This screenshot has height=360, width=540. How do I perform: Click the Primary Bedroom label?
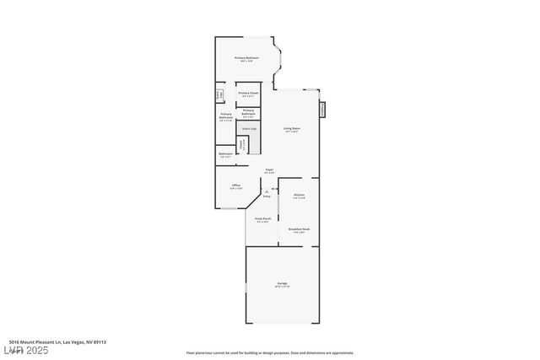click(246, 59)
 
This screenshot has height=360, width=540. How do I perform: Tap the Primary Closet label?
click(247, 94)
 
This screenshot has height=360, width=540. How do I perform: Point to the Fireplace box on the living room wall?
click(322, 110)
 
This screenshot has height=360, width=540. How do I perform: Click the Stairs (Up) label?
click(248, 129)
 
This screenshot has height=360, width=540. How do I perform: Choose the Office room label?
click(236, 186)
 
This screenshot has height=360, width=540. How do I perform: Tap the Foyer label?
click(269, 171)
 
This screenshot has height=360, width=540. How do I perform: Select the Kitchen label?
click(299, 196)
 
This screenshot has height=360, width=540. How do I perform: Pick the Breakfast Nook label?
click(299, 229)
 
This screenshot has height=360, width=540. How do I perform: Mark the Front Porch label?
click(263, 220)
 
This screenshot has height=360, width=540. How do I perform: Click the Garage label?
click(282, 284)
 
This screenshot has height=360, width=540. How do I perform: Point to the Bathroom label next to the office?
click(226, 155)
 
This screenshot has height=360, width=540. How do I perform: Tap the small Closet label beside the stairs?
click(241, 144)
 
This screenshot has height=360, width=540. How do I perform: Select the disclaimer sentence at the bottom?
click(270, 352)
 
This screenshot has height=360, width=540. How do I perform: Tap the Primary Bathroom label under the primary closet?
click(248, 112)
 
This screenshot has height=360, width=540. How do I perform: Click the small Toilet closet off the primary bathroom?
click(219, 94)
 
